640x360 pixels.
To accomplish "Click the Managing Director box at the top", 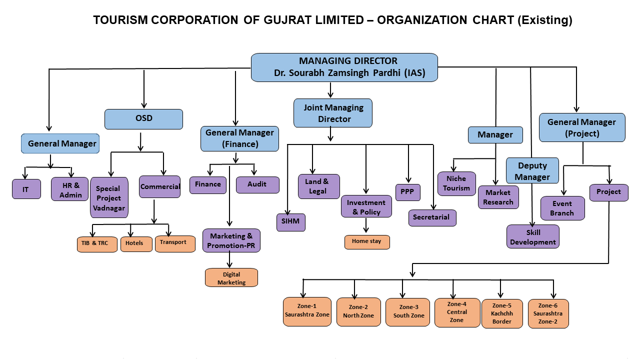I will [344, 67].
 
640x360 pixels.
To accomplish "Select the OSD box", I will [143, 119].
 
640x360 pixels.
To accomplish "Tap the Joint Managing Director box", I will [332, 113].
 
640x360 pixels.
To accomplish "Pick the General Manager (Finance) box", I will [239, 138].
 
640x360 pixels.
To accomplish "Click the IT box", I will [26, 189].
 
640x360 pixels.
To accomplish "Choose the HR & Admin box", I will [70, 189].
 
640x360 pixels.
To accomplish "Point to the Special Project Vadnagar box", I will [109, 197].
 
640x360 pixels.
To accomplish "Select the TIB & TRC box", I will [97, 243].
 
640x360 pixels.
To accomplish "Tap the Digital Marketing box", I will [231, 278].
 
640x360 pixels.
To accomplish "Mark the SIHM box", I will [290, 222].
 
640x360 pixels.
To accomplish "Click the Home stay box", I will [366, 241].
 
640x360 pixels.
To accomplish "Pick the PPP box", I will [407, 192].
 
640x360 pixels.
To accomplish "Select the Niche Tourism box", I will [456, 183].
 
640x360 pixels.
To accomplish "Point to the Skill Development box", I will [532, 236].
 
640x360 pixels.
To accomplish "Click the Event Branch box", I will [562, 208].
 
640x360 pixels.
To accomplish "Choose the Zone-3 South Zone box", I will [407, 311].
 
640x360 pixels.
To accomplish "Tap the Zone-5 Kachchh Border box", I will [501, 313].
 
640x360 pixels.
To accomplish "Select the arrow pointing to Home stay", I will [366, 226].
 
